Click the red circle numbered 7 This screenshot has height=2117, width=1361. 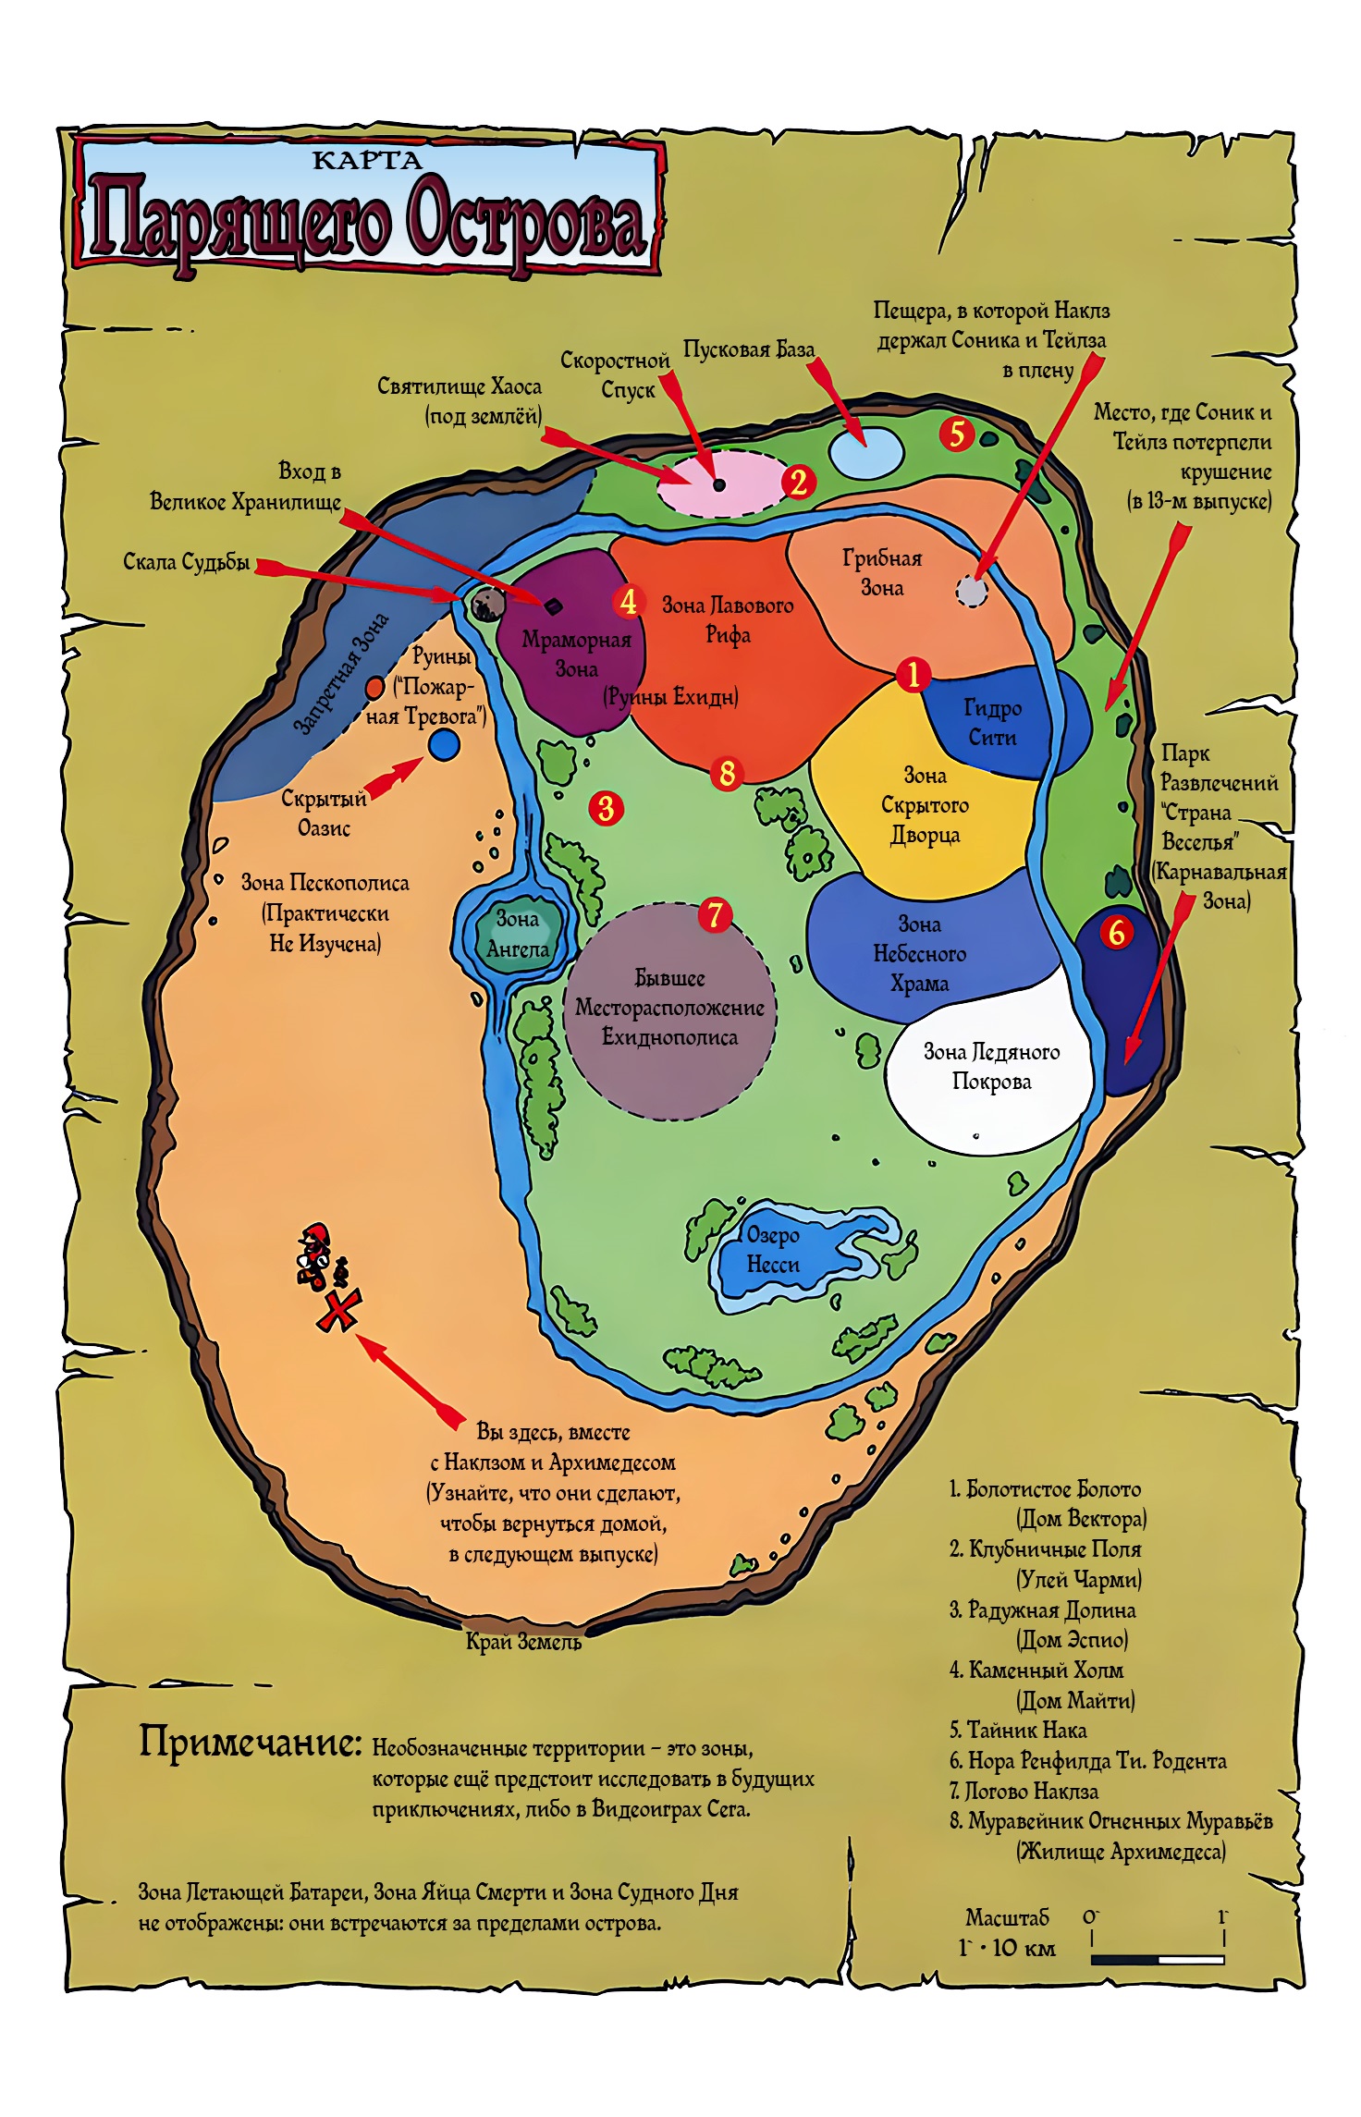[715, 915]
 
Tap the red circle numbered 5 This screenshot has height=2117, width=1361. [957, 433]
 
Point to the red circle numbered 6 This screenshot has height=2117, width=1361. [1116, 932]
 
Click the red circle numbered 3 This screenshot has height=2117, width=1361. [606, 808]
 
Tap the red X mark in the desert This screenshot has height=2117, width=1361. [338, 1311]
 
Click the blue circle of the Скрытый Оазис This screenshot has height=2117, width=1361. [445, 744]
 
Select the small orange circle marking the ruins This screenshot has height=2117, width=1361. [374, 688]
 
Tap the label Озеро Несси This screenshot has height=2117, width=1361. [773, 1249]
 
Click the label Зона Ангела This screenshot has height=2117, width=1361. [518, 934]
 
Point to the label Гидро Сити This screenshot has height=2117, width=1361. [992, 722]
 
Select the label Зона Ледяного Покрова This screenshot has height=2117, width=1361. [991, 1066]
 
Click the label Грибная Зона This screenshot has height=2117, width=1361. [882, 572]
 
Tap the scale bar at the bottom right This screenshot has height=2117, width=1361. [1158, 1959]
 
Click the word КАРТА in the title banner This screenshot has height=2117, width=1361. [367, 160]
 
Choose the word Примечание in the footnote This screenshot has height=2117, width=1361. [250, 1742]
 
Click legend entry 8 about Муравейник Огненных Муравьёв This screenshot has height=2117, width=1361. [1111, 1835]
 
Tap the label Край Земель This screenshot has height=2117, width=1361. [523, 1642]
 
